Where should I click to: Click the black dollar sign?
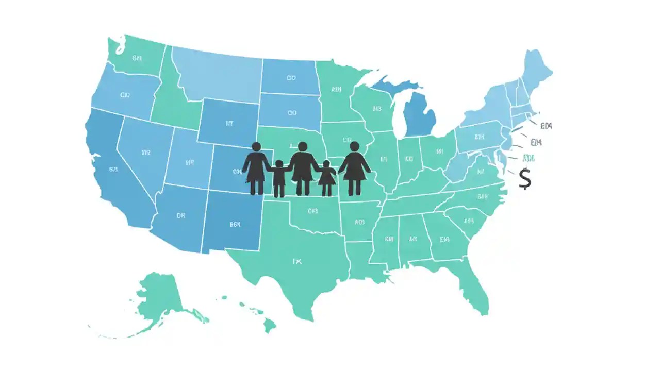tap(525, 178)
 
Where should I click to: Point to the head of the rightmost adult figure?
tap(354, 146)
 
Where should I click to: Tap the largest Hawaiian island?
tap(270, 325)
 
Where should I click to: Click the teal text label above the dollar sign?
tap(529, 158)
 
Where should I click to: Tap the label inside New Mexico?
tap(235, 224)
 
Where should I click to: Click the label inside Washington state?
tap(137, 58)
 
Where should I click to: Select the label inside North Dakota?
tap(291, 78)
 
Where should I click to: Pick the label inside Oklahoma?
tap(312, 211)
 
